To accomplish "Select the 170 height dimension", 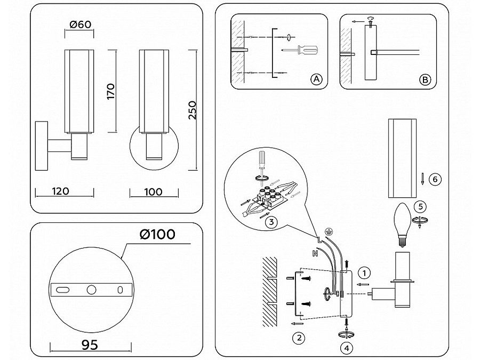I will (x=111, y=91).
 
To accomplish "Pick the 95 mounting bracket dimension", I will (x=91, y=345).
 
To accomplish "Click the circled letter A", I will (x=316, y=79).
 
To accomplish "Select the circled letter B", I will (x=425, y=79).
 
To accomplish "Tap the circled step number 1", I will (x=364, y=273).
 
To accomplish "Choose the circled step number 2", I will (x=299, y=337).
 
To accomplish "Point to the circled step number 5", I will (x=420, y=205).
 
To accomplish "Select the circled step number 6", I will (x=435, y=179).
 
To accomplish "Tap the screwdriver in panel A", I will (x=300, y=50).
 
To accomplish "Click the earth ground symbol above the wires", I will (x=329, y=231).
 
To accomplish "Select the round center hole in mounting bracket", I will (x=91, y=290).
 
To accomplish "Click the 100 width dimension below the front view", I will (x=153, y=191).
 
